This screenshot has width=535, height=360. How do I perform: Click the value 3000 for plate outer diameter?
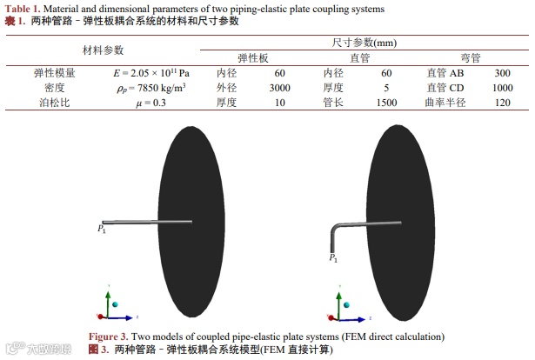279,88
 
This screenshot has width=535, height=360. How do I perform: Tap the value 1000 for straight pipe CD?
502,88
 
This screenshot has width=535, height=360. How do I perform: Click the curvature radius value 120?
502,103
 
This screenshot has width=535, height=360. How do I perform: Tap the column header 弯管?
471,57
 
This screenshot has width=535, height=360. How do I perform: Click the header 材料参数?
104,50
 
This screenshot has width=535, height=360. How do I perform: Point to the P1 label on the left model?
102,229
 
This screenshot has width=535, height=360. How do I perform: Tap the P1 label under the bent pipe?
333,258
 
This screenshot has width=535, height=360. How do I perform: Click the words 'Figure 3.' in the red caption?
109,336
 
